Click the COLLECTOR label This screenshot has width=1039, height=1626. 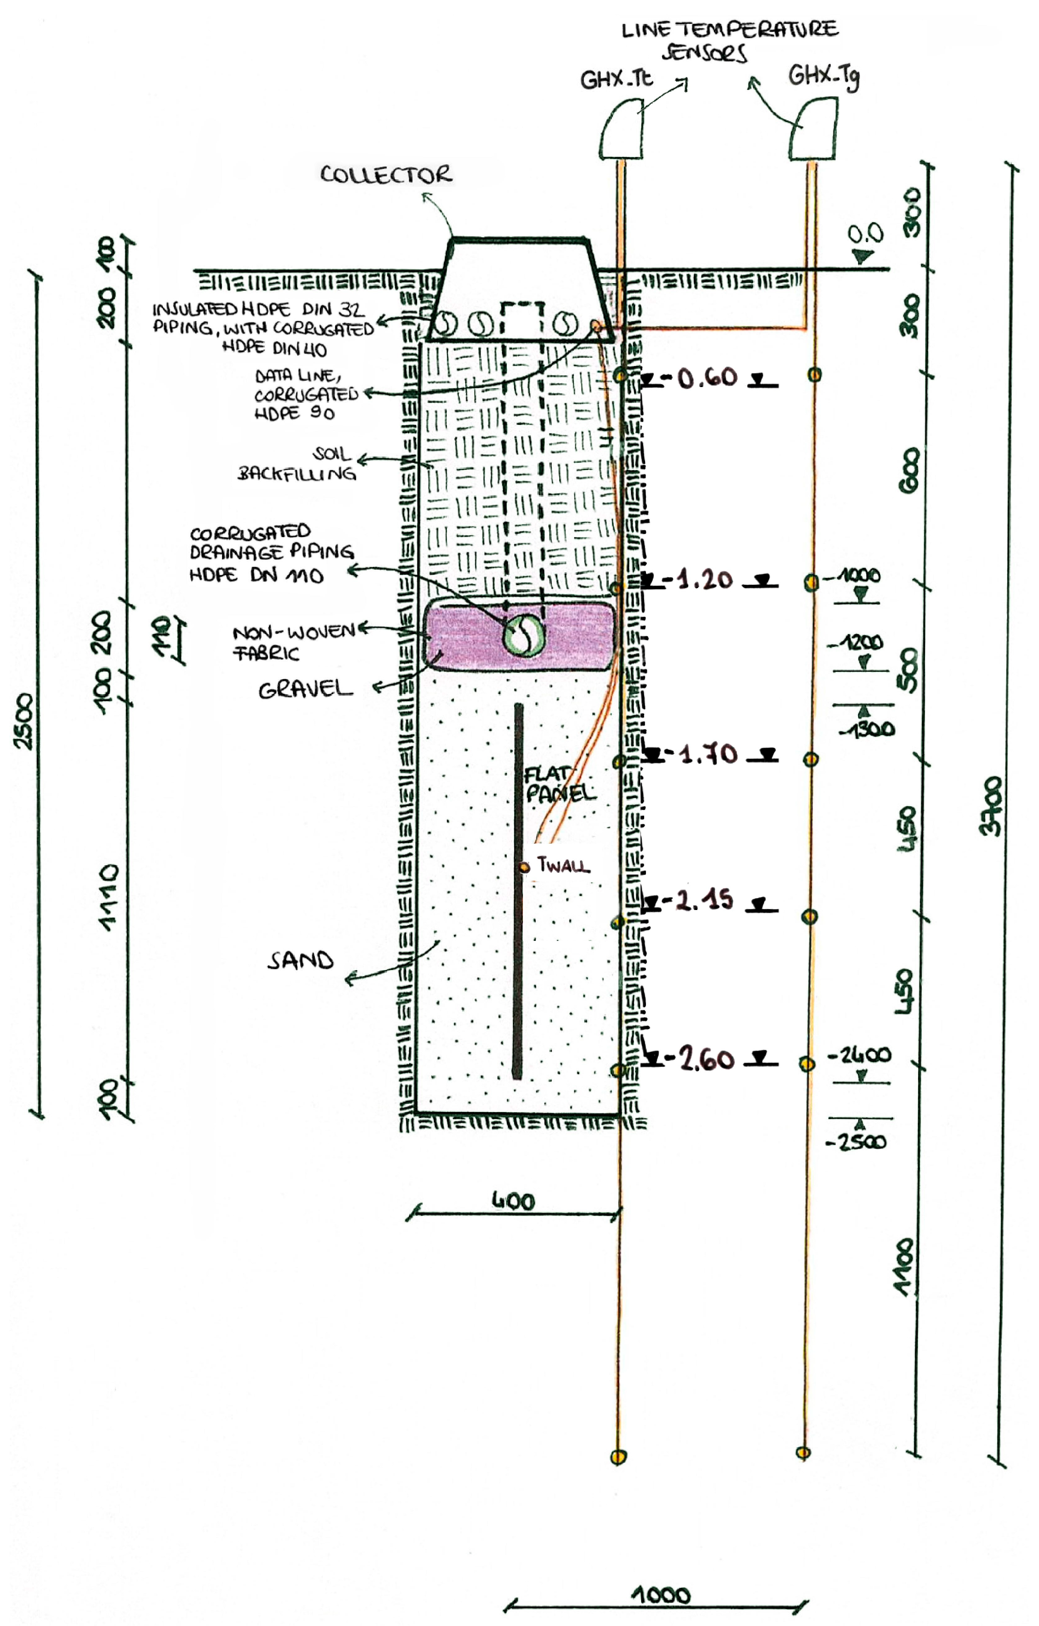386,175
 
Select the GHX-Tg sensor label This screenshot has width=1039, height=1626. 823,75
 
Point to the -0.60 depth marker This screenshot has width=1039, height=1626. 707,378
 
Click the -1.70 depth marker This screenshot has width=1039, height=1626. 707,754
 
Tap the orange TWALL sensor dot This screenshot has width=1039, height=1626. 525,867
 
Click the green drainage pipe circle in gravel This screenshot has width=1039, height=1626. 523,634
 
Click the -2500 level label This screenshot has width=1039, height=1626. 855,1142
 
